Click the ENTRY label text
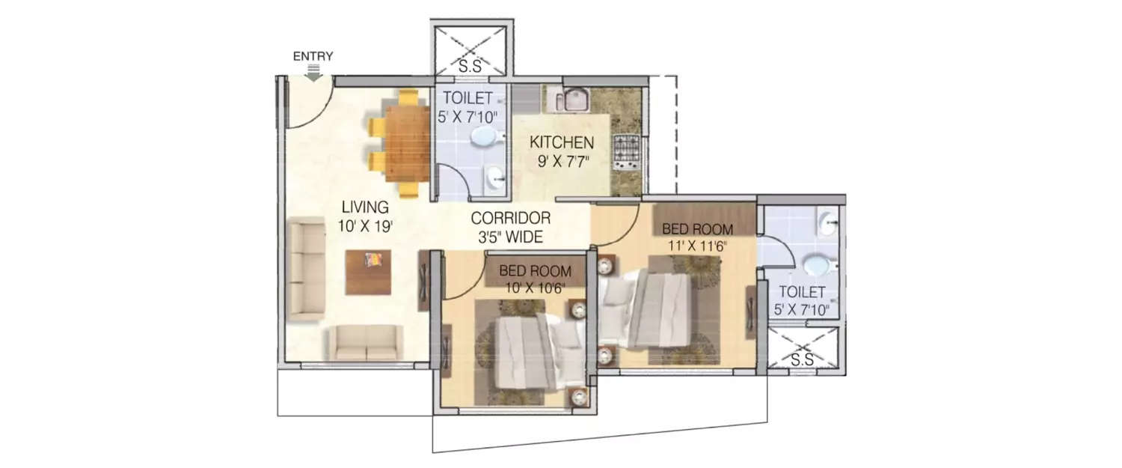pos(313,56)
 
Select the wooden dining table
pos(407,143)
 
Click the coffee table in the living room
pos(369,272)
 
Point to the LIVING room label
pos(365,207)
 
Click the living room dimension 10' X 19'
pos(365,227)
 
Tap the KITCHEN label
pos(562,142)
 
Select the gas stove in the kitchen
pos(627,151)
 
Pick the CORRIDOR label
pos(510,218)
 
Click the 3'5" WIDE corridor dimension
pos(510,237)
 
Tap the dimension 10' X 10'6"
pos(535,288)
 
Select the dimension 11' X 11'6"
pos(697,246)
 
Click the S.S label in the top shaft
pos(470,66)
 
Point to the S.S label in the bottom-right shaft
pos(802,359)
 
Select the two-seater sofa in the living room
pos(366,343)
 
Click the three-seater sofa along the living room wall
pos(307,269)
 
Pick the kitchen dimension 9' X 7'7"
pos(562,162)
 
